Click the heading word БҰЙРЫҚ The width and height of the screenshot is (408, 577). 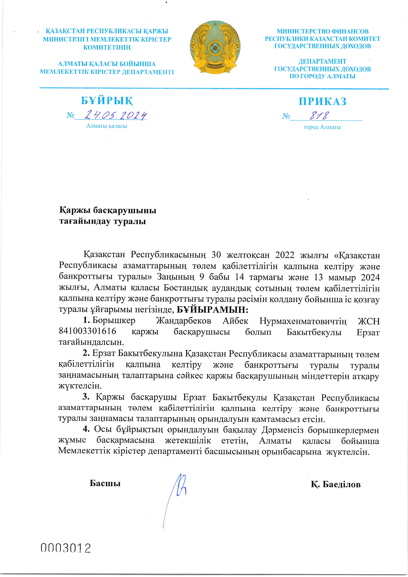pyautogui.click(x=107, y=101)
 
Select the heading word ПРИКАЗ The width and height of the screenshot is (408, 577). pyautogui.click(x=322, y=101)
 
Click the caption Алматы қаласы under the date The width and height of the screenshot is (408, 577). pyautogui.click(x=107, y=126)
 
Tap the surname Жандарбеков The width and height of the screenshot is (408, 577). pyautogui.click(x=183, y=321)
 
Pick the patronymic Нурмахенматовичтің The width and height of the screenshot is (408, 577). pyautogui.click(x=303, y=321)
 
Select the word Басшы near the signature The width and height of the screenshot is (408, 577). pyautogui.click(x=105, y=483)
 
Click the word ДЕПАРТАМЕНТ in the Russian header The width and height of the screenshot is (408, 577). pyautogui.click(x=322, y=61)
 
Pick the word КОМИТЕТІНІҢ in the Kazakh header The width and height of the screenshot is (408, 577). pyautogui.click(x=107, y=47)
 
